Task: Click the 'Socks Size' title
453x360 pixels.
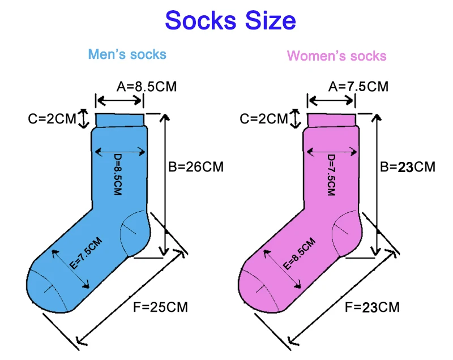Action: [230, 21]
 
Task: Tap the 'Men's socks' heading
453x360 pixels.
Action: [127, 54]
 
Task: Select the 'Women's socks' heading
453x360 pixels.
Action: [336, 56]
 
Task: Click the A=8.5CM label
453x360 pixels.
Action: [147, 87]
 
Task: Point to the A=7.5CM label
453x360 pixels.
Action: [358, 87]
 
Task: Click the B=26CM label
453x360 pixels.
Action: [196, 167]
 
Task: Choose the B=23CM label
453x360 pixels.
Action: [408, 167]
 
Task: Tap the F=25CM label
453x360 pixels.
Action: [160, 307]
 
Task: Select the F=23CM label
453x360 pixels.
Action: [372, 307]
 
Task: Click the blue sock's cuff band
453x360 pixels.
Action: [119, 120]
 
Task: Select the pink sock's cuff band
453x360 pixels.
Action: [332, 120]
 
